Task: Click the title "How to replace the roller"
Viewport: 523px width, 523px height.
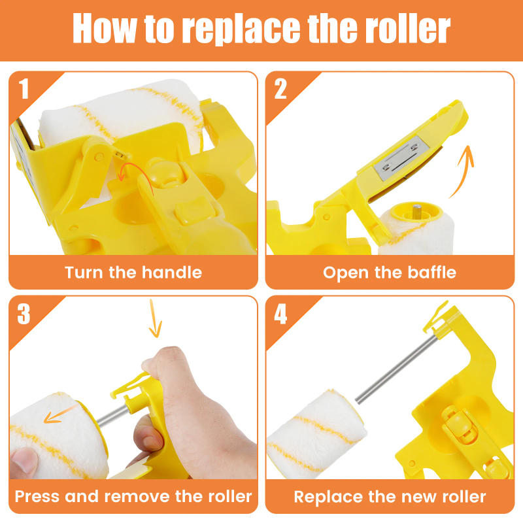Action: [261, 29]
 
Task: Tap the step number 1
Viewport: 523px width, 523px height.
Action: [24, 89]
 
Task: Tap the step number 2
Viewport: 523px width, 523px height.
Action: [280, 89]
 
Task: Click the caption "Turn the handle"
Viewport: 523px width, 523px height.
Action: [133, 272]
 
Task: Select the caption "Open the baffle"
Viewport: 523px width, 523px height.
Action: [390, 272]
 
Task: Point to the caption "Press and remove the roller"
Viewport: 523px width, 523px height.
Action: [133, 496]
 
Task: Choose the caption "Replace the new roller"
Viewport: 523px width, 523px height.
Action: [390, 496]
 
